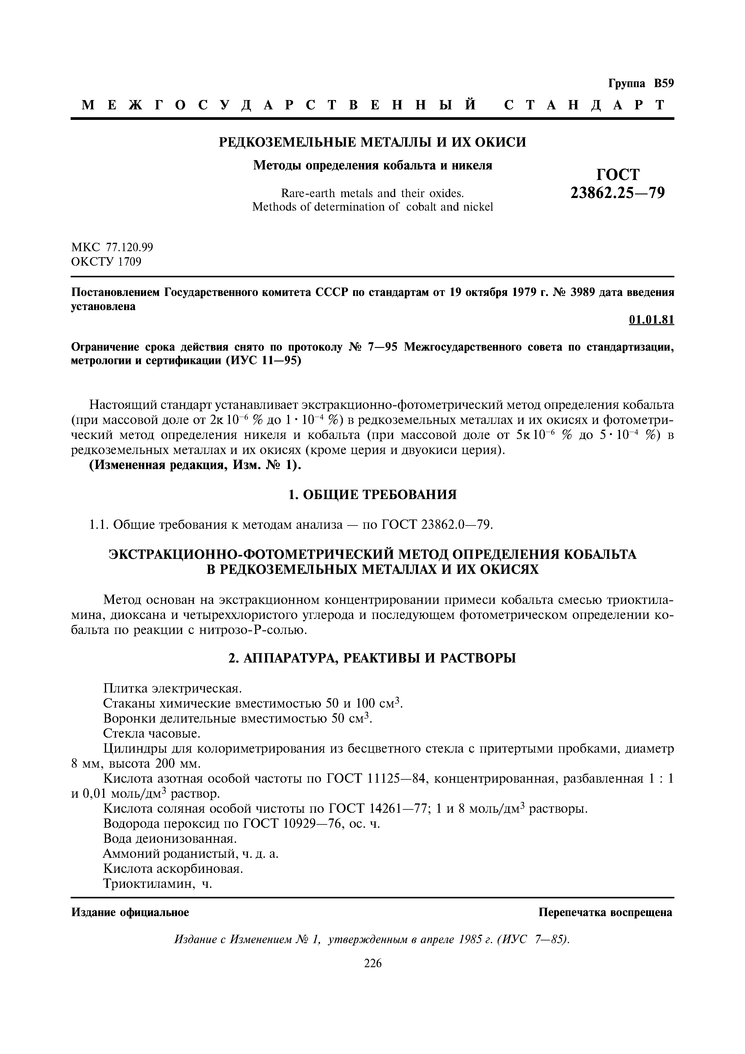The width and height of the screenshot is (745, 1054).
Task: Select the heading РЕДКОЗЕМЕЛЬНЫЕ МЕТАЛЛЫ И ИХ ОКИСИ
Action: pos(372,142)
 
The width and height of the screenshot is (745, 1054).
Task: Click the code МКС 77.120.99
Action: pos(112,248)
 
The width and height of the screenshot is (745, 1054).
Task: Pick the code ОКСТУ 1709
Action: pos(106,262)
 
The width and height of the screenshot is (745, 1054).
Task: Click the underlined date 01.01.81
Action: pos(651,320)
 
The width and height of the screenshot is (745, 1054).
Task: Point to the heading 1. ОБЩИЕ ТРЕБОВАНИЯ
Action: pos(372,495)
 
